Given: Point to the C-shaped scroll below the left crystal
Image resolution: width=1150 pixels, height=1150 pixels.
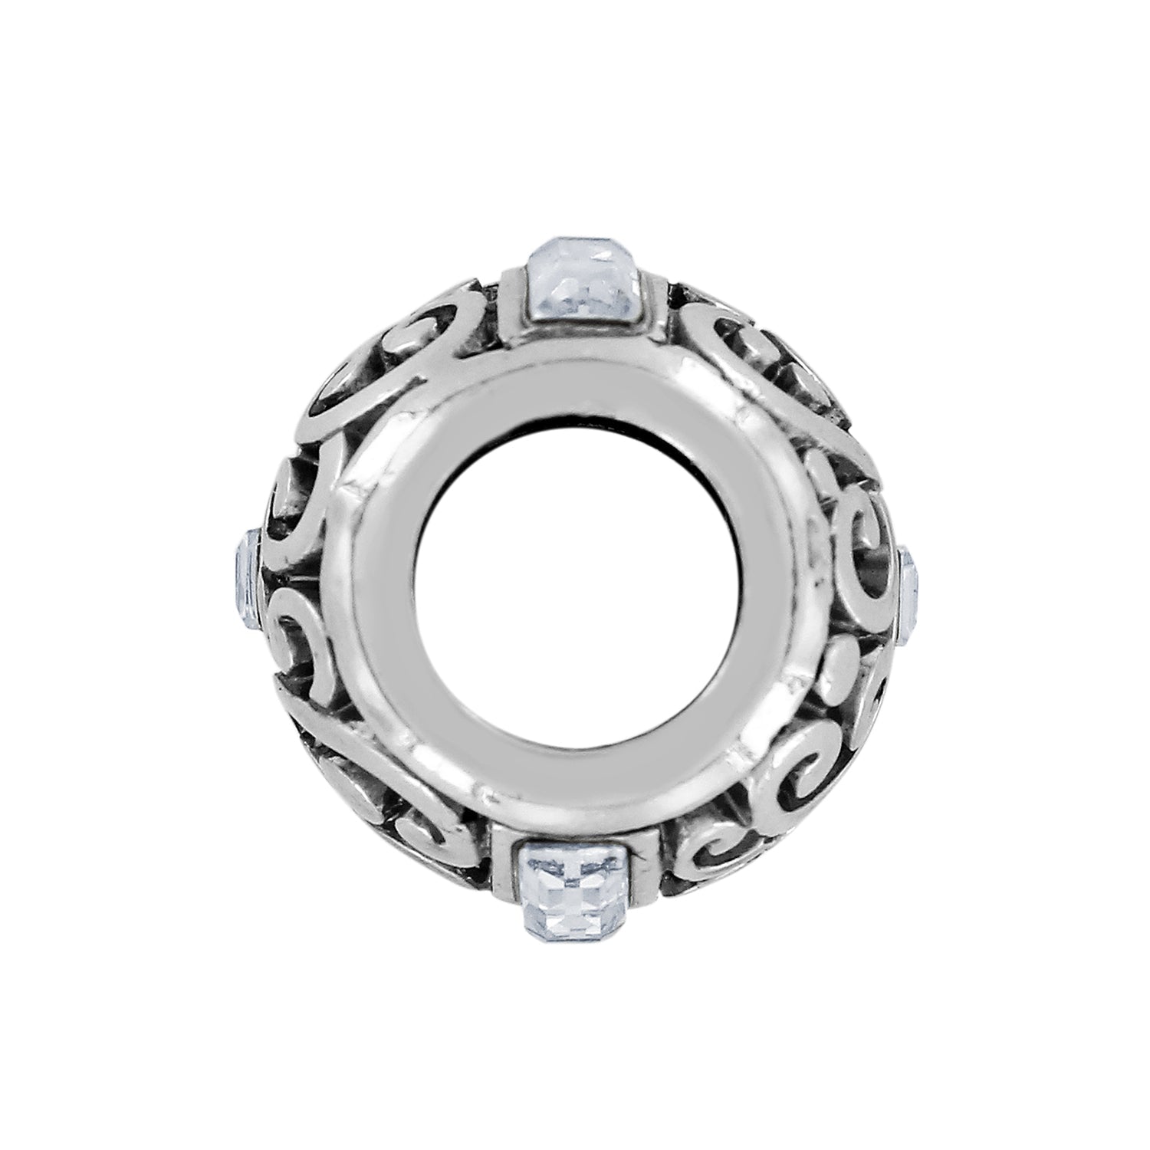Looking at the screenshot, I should pyautogui.click(x=299, y=652).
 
